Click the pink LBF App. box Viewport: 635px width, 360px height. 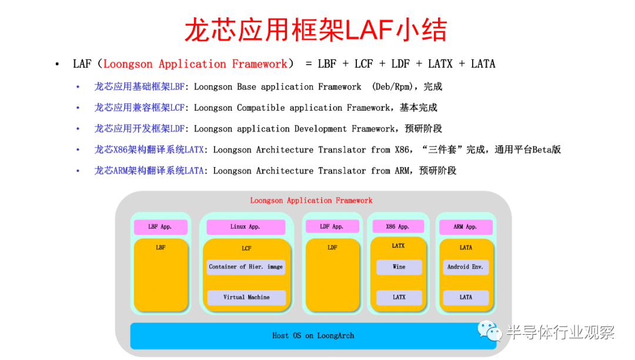point(161,227)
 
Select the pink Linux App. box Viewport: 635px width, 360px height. point(245,227)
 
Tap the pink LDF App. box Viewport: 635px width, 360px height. point(332,226)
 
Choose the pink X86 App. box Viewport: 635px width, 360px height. point(397,226)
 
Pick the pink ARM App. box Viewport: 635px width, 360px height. point(466,227)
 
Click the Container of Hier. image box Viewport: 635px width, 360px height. point(246,267)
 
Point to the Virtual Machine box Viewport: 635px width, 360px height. point(246,297)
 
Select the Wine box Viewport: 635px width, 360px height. point(399,267)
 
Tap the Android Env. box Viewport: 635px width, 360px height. point(466,267)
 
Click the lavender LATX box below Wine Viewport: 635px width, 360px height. point(399,297)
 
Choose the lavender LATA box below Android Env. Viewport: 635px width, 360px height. point(466,297)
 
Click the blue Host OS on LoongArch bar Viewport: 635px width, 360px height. point(313,336)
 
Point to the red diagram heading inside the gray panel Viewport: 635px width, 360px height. point(311,201)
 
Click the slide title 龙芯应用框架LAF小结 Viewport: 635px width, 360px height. point(316,30)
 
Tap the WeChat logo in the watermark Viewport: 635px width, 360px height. point(490,331)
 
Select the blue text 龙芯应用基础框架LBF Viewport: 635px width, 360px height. point(139,86)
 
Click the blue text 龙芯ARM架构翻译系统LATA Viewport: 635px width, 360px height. point(149,171)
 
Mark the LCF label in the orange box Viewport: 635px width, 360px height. point(246,248)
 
